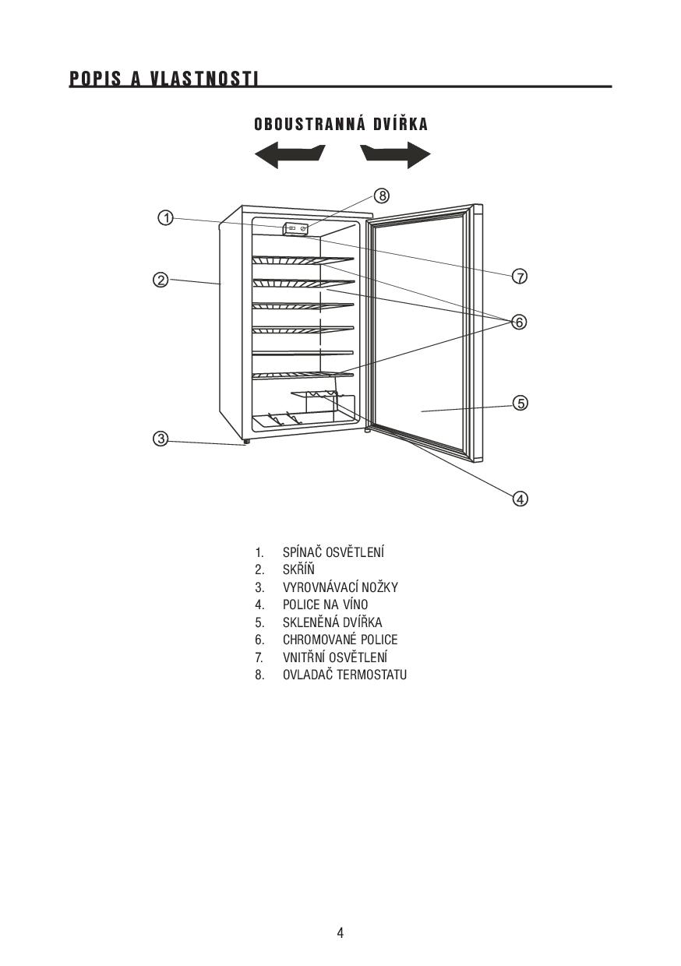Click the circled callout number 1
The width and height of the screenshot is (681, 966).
point(166,218)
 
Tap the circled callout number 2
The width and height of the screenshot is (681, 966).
point(161,280)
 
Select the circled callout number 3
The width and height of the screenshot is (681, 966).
point(161,439)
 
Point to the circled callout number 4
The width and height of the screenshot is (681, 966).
point(520,499)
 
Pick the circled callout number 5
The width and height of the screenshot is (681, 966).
point(520,404)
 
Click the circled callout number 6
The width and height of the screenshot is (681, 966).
point(519,322)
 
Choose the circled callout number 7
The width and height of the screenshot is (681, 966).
point(520,276)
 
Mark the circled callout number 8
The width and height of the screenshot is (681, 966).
point(382,196)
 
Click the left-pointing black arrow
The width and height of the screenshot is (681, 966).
point(290,155)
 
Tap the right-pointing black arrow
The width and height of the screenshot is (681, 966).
point(395,155)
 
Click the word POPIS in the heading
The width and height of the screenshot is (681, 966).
point(96,79)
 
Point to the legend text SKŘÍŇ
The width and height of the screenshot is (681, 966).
point(298,569)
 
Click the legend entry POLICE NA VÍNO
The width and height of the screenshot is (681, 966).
point(325,605)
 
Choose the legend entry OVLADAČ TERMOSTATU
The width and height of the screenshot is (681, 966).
point(344,675)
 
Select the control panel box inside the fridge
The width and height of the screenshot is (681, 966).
point(296,228)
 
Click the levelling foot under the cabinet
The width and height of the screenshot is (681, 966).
point(246,442)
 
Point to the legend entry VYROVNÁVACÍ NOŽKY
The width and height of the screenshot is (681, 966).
point(340,587)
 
